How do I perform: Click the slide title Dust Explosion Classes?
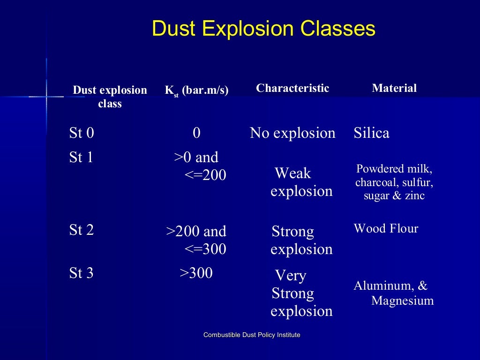(x=263, y=29)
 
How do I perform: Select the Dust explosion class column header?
(x=110, y=97)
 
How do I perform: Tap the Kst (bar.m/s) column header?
(x=196, y=90)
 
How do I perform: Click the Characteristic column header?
(x=292, y=88)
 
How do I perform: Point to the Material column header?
(x=394, y=88)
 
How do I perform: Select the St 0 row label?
(x=82, y=133)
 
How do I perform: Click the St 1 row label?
(x=82, y=157)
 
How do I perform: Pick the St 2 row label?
(x=82, y=230)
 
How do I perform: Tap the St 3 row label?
(x=82, y=273)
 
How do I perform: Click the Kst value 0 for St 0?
(x=196, y=133)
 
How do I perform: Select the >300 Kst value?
(x=196, y=273)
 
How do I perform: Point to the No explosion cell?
(x=292, y=133)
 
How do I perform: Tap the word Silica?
(x=371, y=133)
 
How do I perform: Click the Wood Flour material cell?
(x=386, y=229)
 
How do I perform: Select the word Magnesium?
(x=402, y=300)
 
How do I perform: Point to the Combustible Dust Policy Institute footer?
(x=252, y=335)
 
